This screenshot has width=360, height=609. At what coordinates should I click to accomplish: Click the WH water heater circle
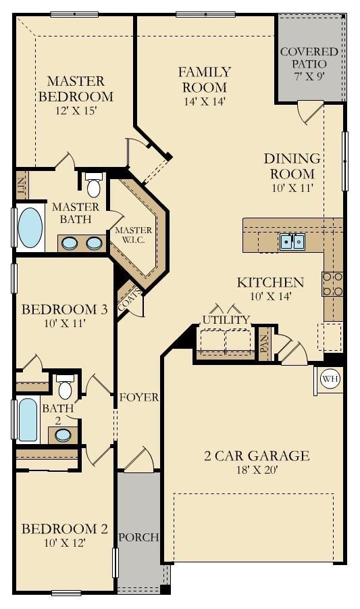330,379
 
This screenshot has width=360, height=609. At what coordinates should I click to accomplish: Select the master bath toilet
93,185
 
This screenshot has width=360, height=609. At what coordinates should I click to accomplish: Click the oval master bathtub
30,228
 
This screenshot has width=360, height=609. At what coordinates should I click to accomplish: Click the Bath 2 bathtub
28,420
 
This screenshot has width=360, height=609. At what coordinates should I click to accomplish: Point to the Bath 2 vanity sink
62,435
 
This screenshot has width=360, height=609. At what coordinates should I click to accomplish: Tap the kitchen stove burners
332,284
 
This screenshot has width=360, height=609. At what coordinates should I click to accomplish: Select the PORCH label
138,537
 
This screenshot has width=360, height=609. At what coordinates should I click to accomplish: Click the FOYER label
139,397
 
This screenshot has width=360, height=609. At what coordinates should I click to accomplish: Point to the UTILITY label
226,320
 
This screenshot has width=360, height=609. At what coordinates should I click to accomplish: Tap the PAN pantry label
265,343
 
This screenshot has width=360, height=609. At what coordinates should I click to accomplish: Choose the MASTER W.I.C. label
134,235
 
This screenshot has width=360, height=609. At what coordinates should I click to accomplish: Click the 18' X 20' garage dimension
257,470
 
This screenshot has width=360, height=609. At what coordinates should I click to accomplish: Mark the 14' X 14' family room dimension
205,101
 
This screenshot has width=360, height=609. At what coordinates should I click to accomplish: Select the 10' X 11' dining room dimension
292,188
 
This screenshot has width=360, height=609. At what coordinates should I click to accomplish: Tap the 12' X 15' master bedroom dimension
76,111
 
